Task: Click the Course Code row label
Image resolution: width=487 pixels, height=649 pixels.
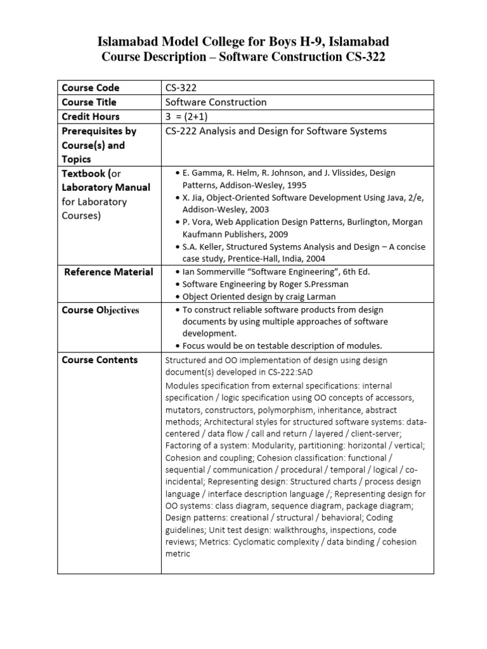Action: click(x=90, y=87)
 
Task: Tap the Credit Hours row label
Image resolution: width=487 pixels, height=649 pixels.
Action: click(x=91, y=117)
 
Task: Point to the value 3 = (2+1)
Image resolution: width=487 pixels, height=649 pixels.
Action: click(x=188, y=117)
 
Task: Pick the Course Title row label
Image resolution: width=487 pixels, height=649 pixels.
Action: click(x=89, y=102)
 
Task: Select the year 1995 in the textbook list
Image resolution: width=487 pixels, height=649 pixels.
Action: click(x=295, y=185)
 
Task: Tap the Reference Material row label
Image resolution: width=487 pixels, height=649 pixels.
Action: click(x=108, y=272)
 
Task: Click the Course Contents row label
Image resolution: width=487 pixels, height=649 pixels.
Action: click(x=100, y=360)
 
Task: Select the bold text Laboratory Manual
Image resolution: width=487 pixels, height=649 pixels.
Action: click(x=106, y=188)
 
